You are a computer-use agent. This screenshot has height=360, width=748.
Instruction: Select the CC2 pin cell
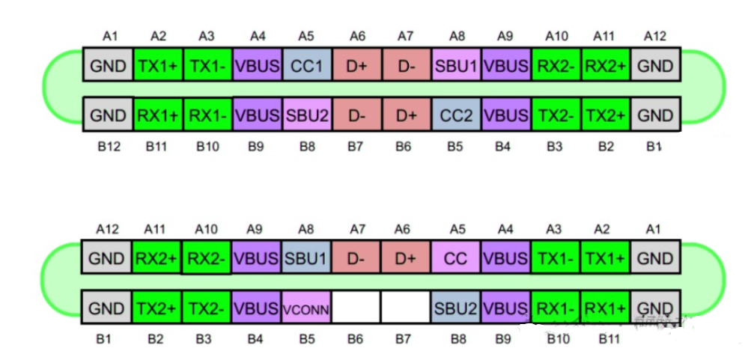click(455, 115)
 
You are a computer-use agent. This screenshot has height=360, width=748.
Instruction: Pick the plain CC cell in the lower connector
click(455, 259)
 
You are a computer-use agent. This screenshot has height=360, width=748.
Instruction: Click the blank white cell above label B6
click(356, 308)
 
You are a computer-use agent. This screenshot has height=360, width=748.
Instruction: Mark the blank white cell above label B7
click(405, 308)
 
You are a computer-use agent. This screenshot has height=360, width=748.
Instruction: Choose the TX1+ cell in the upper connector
click(157, 67)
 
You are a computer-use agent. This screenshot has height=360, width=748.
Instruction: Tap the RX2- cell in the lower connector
click(206, 259)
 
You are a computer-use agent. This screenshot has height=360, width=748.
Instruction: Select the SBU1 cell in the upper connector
click(455, 67)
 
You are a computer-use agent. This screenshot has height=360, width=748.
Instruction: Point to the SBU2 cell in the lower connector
click(455, 308)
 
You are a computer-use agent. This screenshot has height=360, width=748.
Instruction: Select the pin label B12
click(109, 147)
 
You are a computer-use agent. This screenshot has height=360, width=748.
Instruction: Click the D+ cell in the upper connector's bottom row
click(405, 115)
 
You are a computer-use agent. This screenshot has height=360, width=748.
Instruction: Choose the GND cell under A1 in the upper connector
click(109, 67)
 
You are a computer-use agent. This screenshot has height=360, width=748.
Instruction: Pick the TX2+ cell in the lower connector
click(156, 308)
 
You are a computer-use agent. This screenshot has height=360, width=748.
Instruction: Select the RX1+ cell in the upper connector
click(157, 115)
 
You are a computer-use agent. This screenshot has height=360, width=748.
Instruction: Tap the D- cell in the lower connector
click(356, 259)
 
